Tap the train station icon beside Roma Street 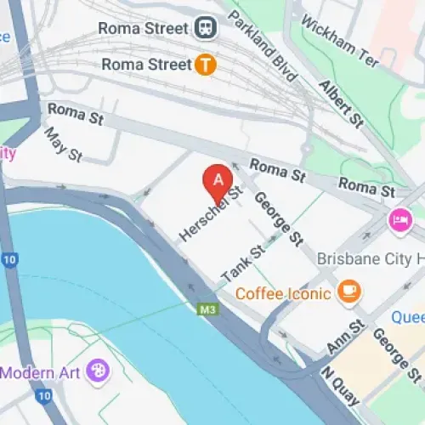coord(206,28)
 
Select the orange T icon coord(205,64)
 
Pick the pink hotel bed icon coord(398,220)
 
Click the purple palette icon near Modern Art coord(99,371)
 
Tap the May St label coord(63,144)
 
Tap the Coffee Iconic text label coord(283,294)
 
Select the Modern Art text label coord(42,371)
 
